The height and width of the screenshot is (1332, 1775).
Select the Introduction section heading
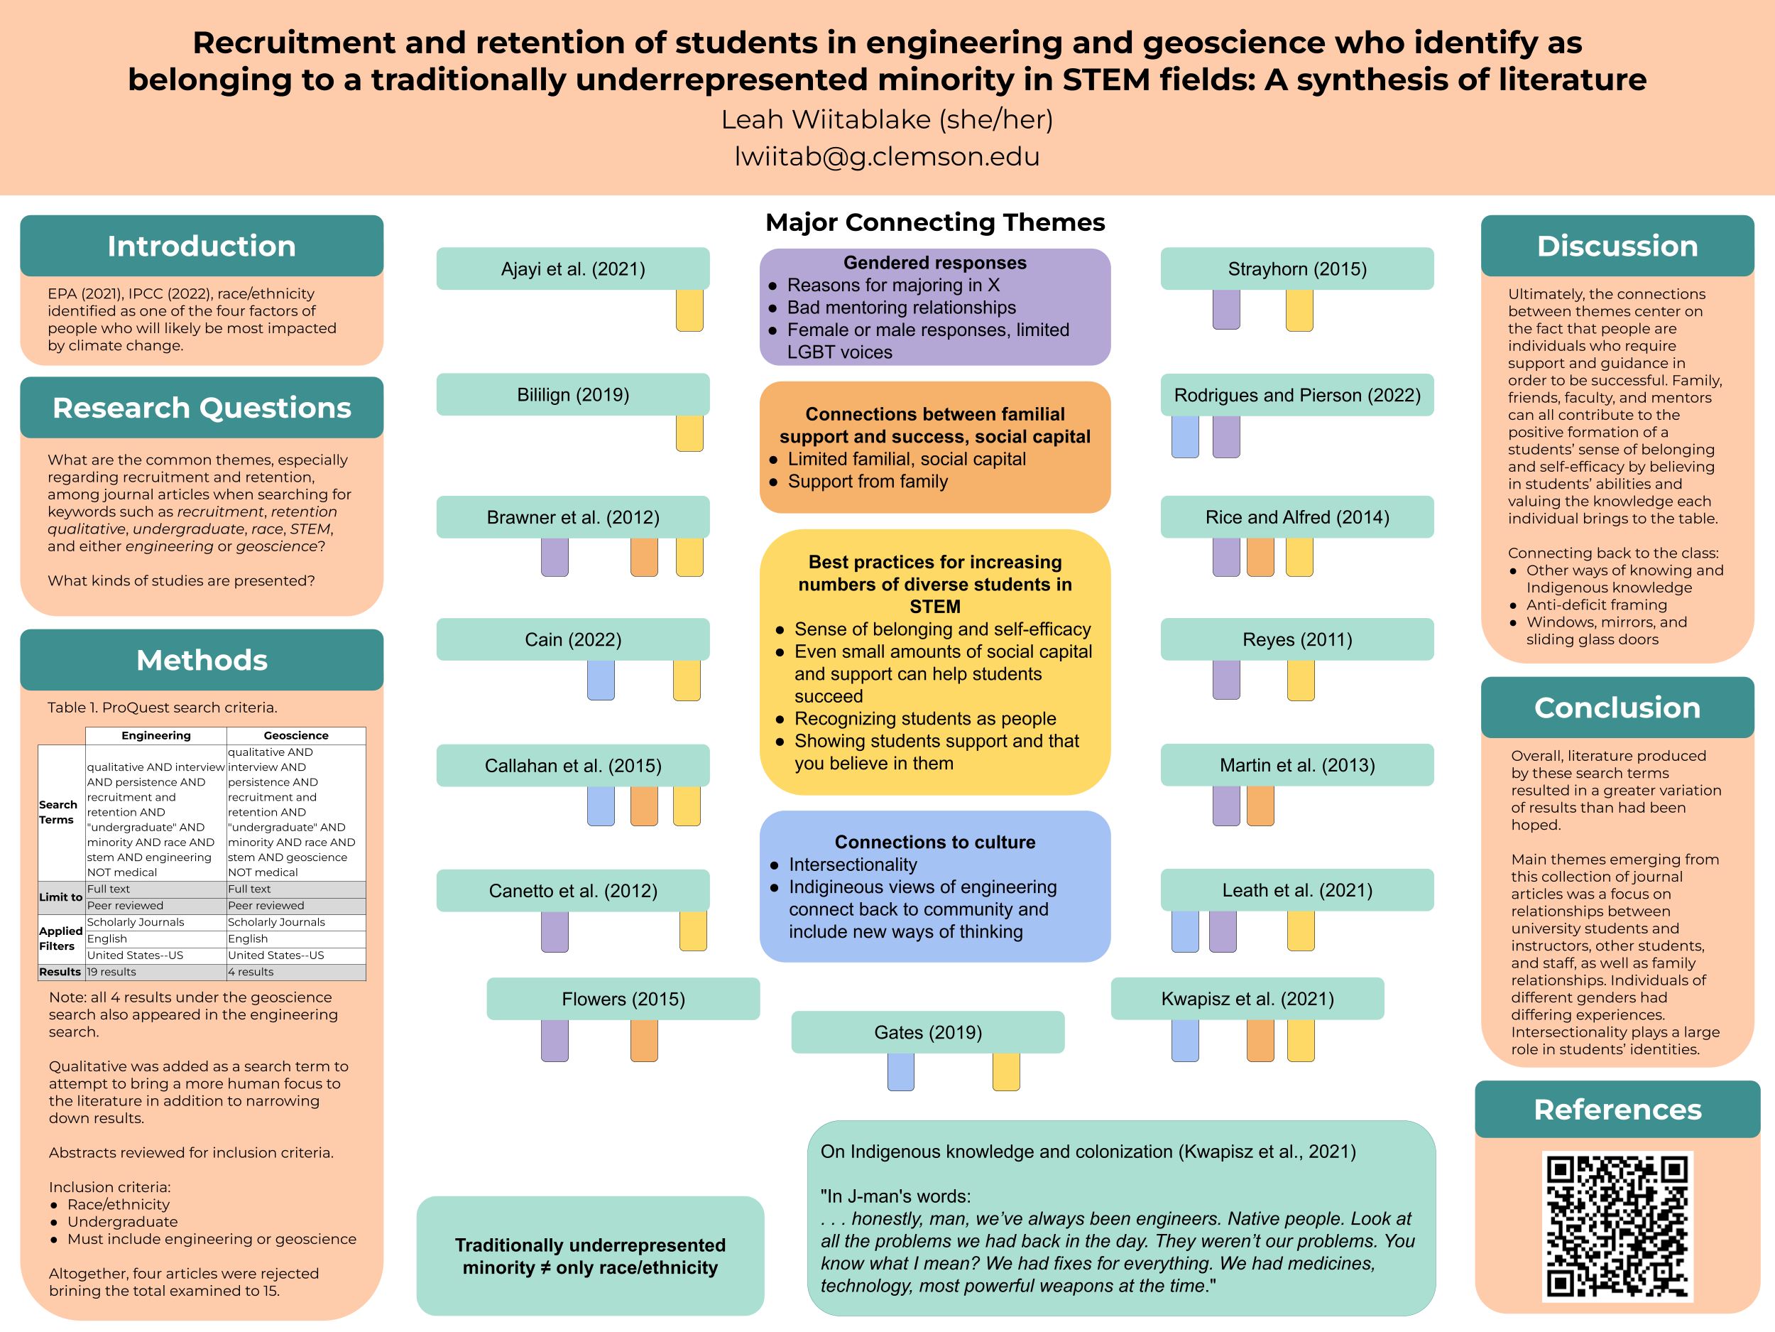coord(202,246)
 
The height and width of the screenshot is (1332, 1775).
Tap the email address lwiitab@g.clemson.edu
coord(887,156)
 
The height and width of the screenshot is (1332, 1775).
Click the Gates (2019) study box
coord(928,1032)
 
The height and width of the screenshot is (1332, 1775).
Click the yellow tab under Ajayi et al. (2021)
coord(689,310)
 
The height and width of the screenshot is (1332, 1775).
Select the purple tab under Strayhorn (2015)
coord(1225,309)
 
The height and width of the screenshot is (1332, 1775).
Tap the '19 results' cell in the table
coord(111,972)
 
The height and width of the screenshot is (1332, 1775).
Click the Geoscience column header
coord(296,735)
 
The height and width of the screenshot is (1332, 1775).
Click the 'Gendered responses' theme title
coord(935,263)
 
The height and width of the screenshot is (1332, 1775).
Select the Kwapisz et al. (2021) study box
coord(1247,999)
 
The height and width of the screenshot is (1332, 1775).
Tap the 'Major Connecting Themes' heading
coord(935,222)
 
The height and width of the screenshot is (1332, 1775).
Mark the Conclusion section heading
coord(1617,708)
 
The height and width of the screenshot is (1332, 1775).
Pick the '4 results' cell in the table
coord(251,972)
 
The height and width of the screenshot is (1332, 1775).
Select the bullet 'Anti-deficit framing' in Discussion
coord(1585,605)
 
